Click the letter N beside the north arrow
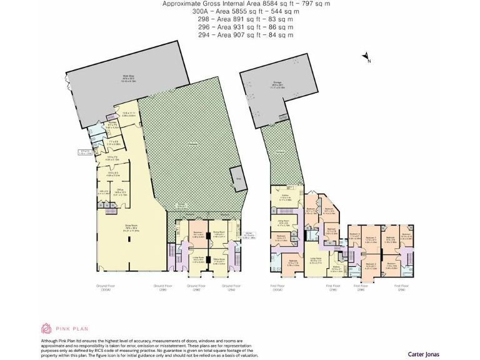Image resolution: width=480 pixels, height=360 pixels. tap(369, 61)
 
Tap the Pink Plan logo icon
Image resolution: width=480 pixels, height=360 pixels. tap(47, 328)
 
